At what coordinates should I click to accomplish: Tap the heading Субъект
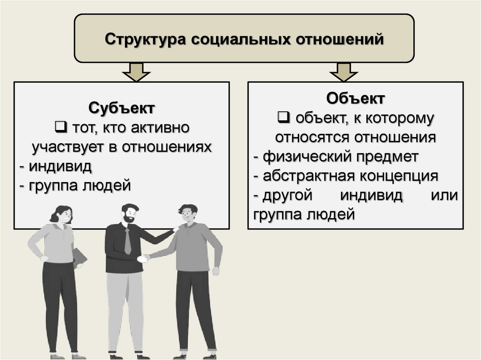(x=122, y=109)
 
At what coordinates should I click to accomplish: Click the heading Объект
(x=356, y=100)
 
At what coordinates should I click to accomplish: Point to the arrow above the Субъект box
(x=136, y=72)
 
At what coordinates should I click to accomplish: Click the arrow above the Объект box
(x=343, y=72)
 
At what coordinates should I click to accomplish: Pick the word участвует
(x=68, y=147)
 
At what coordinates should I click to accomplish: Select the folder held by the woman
(x=79, y=257)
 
